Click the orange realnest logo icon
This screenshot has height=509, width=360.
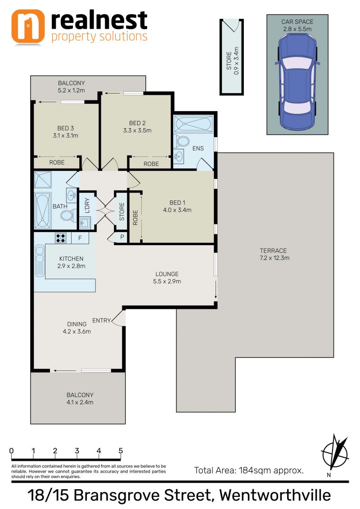click(x=27, y=26)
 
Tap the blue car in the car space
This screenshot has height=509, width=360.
click(x=297, y=82)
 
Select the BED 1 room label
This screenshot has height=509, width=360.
click(x=177, y=202)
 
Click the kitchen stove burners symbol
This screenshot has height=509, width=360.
click(x=61, y=238)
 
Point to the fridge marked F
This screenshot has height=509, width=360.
click(x=80, y=238)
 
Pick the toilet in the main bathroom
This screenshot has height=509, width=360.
click(x=68, y=215)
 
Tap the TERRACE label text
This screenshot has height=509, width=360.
click(x=273, y=250)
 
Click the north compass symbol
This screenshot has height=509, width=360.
click(x=335, y=452)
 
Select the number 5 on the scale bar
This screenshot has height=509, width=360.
click(x=121, y=451)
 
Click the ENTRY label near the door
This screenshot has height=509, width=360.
click(x=101, y=321)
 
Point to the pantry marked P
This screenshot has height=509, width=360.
click(x=122, y=237)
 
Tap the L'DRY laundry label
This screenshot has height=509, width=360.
click(x=87, y=205)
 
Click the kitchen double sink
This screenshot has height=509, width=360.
click(x=40, y=261)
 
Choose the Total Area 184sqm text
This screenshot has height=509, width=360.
click(x=249, y=470)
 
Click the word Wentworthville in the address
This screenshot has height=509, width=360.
click(x=275, y=496)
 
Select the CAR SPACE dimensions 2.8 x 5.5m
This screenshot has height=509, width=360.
click(x=297, y=29)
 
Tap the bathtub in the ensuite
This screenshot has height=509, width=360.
click(x=193, y=124)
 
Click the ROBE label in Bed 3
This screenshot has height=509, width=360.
click(x=57, y=162)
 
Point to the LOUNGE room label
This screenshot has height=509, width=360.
click(x=167, y=274)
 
